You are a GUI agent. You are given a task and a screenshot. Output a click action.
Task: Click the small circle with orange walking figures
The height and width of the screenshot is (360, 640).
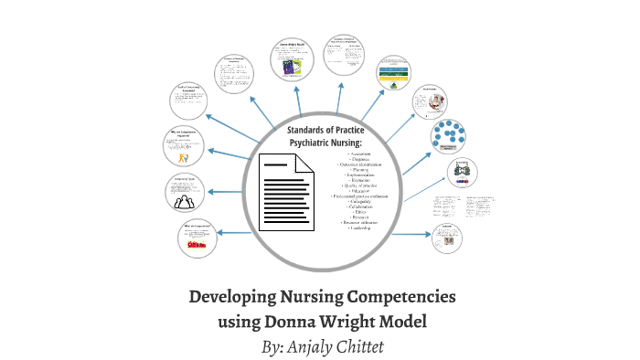pos(188,146)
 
